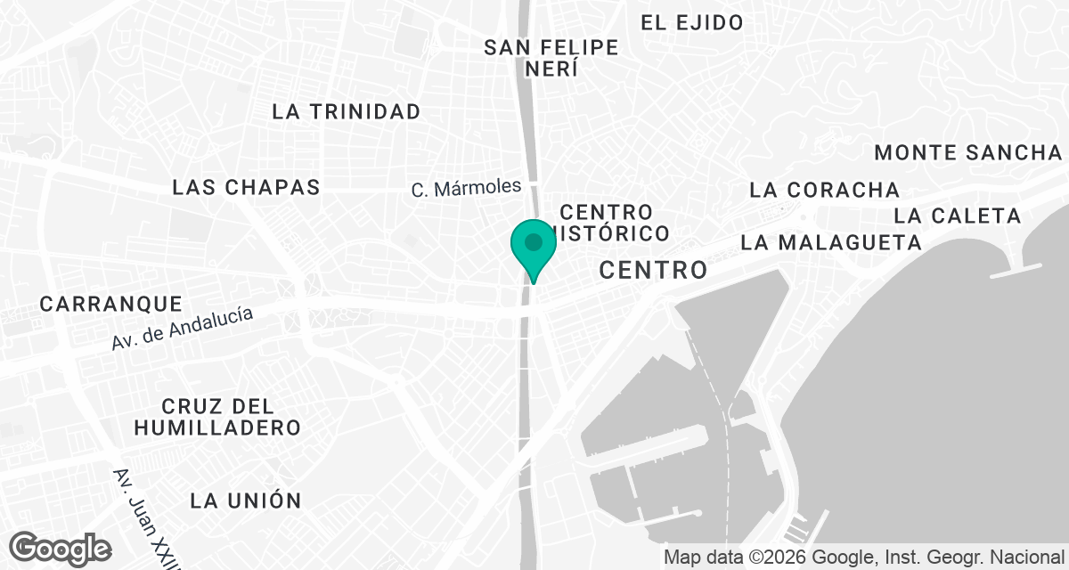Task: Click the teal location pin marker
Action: pos(534,246)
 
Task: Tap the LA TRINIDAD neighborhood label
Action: pos(346,111)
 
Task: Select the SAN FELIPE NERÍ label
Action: pos(551,58)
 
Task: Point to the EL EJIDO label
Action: pos(692,22)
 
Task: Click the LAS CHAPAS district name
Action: pos(246,187)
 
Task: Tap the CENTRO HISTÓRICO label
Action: pos(615,223)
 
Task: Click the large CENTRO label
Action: pos(653,270)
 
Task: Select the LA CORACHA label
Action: pos(824,190)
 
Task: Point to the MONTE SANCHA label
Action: pos(968,152)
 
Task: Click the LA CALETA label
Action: pos(957,216)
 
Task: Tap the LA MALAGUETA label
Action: pos(830,242)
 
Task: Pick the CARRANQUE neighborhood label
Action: pos(110,304)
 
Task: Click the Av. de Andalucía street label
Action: pos(183,328)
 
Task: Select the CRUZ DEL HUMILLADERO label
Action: pos(217,417)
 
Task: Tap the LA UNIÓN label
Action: pos(246,500)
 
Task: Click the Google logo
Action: pos(61,549)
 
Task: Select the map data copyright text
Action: pos(864,558)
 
